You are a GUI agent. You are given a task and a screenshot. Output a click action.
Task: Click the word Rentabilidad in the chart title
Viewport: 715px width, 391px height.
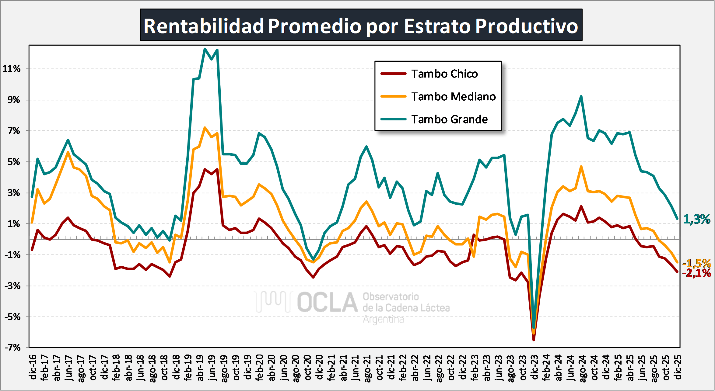[x=203, y=26]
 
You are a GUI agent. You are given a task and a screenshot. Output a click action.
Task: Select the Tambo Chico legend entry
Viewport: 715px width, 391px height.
[x=444, y=74]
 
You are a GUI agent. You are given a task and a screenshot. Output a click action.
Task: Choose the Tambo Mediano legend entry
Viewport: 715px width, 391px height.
[x=453, y=97]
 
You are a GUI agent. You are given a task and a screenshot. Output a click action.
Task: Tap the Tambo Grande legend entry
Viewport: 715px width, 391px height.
[x=449, y=119]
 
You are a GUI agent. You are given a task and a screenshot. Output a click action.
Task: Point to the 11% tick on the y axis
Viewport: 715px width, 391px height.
[x=12, y=69]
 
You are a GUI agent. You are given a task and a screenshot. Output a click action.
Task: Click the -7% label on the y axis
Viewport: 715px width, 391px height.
[x=12, y=348]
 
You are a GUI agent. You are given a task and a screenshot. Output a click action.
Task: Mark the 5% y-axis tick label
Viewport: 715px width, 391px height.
[x=14, y=162]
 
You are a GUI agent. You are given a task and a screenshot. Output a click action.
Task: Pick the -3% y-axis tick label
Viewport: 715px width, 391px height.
[x=12, y=286]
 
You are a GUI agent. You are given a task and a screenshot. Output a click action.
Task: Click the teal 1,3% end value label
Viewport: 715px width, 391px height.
[x=697, y=219]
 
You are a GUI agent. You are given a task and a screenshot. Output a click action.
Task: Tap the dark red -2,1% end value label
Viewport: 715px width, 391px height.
[x=697, y=273]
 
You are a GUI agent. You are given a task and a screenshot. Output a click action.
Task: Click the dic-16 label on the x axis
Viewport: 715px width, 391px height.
[x=33, y=367]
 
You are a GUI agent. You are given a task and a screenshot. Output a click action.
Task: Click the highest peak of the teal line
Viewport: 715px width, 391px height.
[x=205, y=49]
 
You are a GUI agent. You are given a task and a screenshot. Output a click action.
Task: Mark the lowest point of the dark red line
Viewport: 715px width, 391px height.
[x=534, y=340]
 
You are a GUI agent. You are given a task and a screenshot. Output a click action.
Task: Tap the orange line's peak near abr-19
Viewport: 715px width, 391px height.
[x=205, y=128]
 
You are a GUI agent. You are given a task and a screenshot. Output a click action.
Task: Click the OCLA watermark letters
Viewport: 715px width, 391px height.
[x=327, y=303]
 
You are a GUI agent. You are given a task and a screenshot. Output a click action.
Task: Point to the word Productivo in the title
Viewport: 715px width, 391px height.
[x=526, y=26]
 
